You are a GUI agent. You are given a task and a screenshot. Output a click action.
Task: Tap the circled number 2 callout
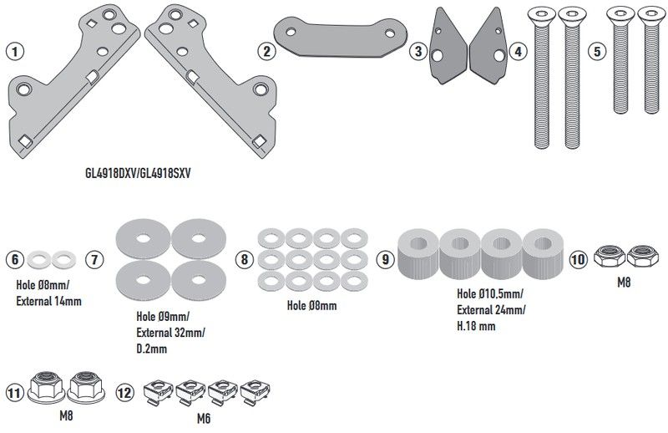[267, 52]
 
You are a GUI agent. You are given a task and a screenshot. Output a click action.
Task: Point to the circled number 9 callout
[385, 259]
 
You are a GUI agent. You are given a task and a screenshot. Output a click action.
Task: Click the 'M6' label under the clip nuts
[204, 418]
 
